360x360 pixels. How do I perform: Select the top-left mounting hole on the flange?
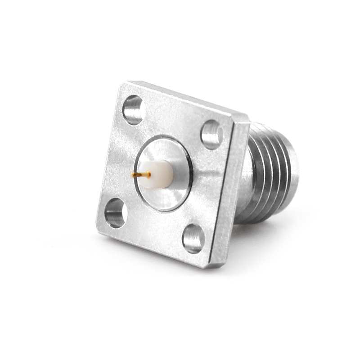[133, 110]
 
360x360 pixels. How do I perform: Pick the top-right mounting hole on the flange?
[211, 134]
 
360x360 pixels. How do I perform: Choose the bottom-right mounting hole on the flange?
[193, 238]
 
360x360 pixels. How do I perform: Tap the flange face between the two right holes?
[207, 184]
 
